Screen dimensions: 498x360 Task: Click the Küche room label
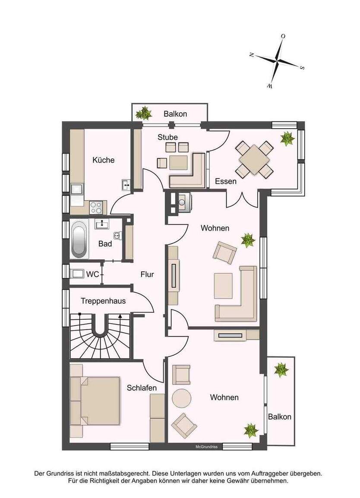pyautogui.click(x=104, y=160)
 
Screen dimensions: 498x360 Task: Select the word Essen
pyautogui.click(x=226, y=182)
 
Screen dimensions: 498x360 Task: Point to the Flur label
pyautogui.click(x=147, y=274)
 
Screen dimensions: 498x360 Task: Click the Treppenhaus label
pyautogui.click(x=103, y=301)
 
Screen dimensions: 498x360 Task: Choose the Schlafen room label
pyautogui.click(x=142, y=388)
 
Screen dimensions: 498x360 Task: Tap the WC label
pyautogui.click(x=93, y=274)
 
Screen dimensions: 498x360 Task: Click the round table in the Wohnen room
pyautogui.click(x=182, y=398)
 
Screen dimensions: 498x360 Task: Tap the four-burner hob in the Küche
pyautogui.click(x=96, y=208)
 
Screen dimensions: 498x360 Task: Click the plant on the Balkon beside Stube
pyautogui.click(x=143, y=113)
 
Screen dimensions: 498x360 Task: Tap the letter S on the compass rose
pyautogui.click(x=303, y=68)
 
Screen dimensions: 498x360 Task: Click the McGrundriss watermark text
pyautogui.click(x=205, y=447)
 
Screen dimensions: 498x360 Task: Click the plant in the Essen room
pyautogui.click(x=287, y=139)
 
